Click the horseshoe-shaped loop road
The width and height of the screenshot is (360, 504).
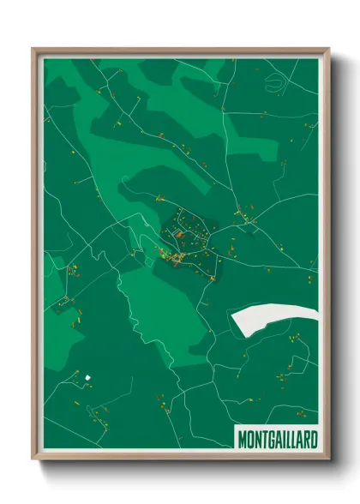click(x=277, y=83)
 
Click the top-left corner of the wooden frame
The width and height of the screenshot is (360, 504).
click(x=34, y=50)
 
